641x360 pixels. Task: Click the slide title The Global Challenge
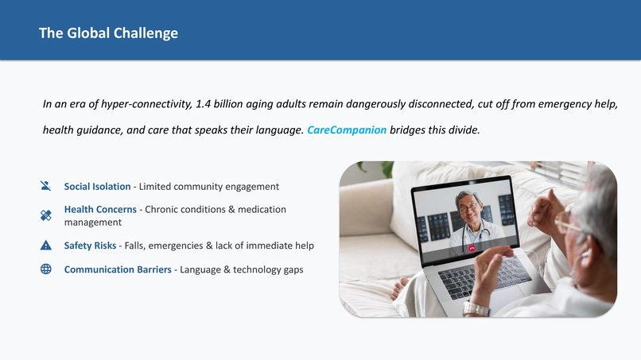pyautogui.click(x=108, y=33)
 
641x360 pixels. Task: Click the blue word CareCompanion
pyautogui.click(x=347, y=130)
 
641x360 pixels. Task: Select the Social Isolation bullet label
pyautogui.click(x=97, y=186)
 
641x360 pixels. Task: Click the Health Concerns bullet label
pyautogui.click(x=100, y=209)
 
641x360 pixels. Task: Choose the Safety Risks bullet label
pyautogui.click(x=91, y=246)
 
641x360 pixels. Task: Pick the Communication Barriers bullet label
pyautogui.click(x=118, y=269)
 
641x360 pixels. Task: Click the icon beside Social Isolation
pyautogui.click(x=45, y=186)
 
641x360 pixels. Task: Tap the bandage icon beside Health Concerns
pyautogui.click(x=45, y=215)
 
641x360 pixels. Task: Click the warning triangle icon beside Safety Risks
pyautogui.click(x=45, y=246)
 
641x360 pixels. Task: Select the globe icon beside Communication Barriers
pyautogui.click(x=45, y=269)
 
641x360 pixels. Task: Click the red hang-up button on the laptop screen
pyautogui.click(x=472, y=248)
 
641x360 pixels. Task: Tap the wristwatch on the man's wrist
pyautogui.click(x=476, y=308)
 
